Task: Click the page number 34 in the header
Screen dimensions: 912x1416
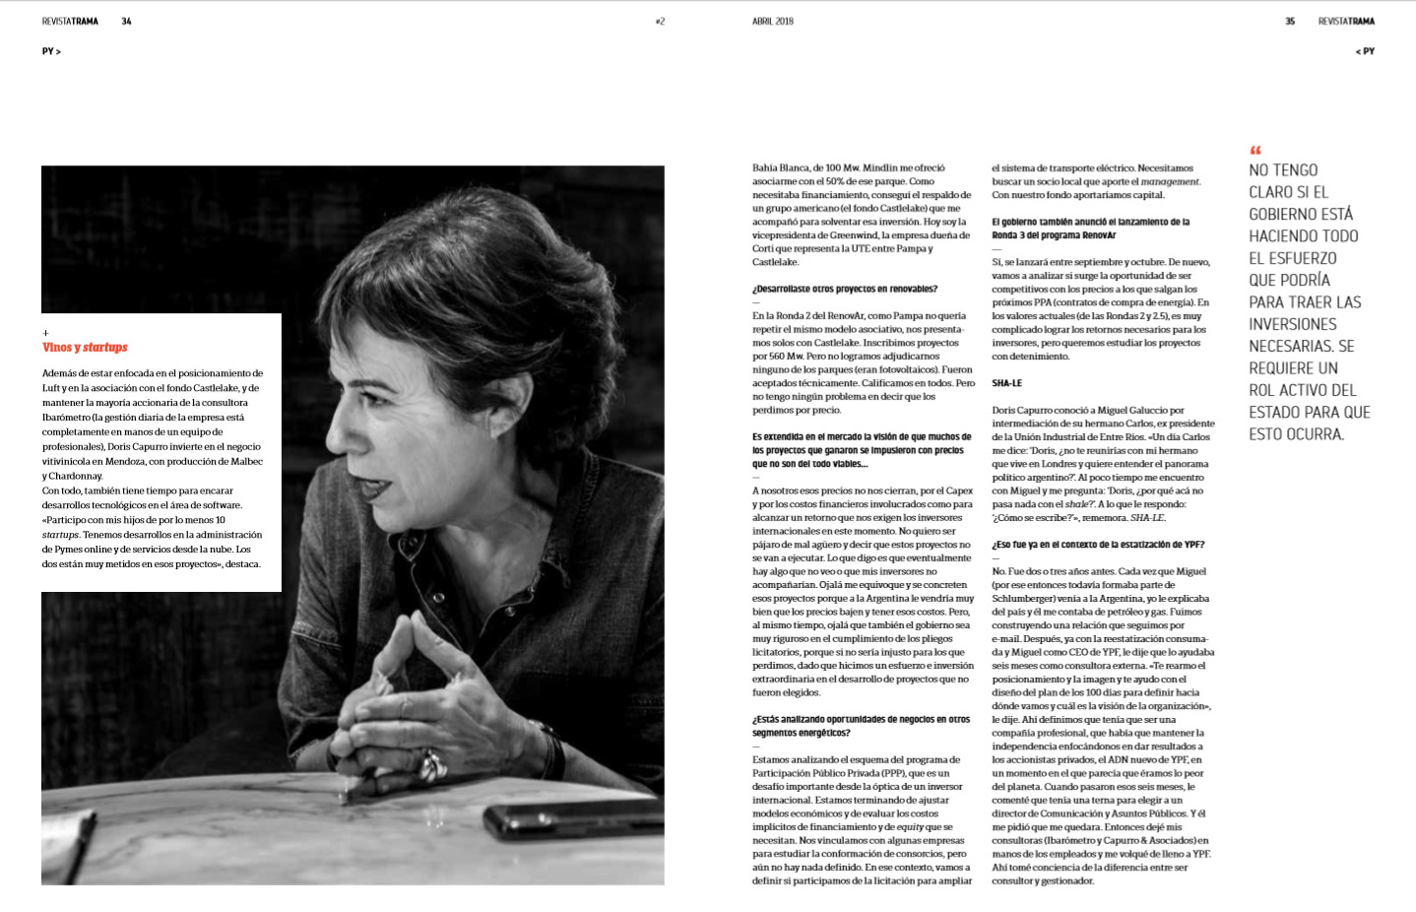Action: pyautogui.click(x=126, y=21)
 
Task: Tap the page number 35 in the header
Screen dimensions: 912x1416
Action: pyautogui.click(x=1290, y=21)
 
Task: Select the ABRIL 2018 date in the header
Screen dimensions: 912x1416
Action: pyautogui.click(x=773, y=21)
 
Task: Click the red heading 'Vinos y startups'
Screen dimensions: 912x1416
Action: pyautogui.click(x=85, y=348)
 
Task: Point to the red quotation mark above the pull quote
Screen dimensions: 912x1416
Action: pyautogui.click(x=1255, y=151)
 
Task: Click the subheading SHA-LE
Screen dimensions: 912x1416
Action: pyautogui.click(x=1006, y=383)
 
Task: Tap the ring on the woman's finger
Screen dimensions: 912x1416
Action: pyautogui.click(x=431, y=762)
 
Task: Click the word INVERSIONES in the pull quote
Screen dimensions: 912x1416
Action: pyautogui.click(x=1293, y=324)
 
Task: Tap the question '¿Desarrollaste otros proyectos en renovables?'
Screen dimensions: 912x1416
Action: pyautogui.click(x=845, y=290)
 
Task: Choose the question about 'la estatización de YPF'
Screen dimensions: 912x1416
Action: pyautogui.click(x=1098, y=545)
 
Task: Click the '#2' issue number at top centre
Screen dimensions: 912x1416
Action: pyautogui.click(x=660, y=21)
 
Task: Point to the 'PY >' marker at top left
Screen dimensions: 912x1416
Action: pyautogui.click(x=51, y=51)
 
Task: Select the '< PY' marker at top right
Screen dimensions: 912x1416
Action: pyautogui.click(x=1365, y=51)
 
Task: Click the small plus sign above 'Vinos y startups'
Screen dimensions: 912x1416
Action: pyautogui.click(x=45, y=333)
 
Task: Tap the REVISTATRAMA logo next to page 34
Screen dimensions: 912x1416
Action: pyautogui.click(x=70, y=21)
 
